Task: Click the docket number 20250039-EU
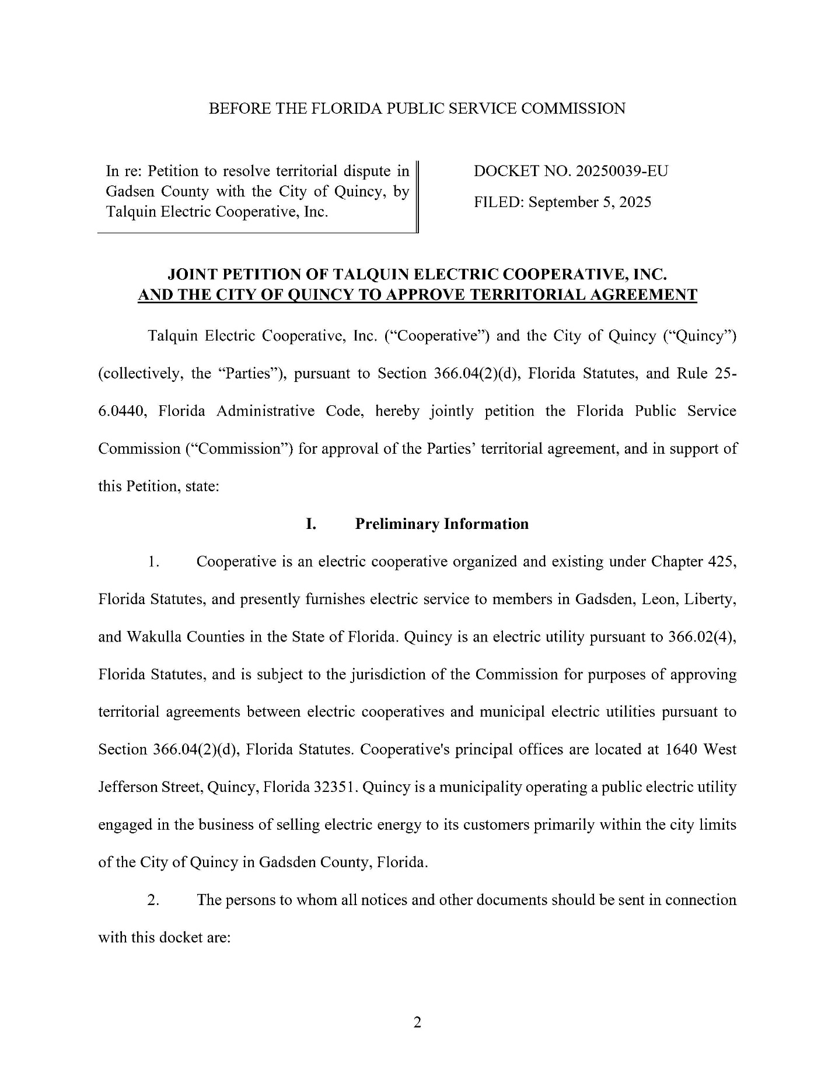(621, 171)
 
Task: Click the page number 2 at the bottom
(417, 1022)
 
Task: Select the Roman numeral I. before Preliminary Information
(311, 524)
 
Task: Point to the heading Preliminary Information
(442, 524)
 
